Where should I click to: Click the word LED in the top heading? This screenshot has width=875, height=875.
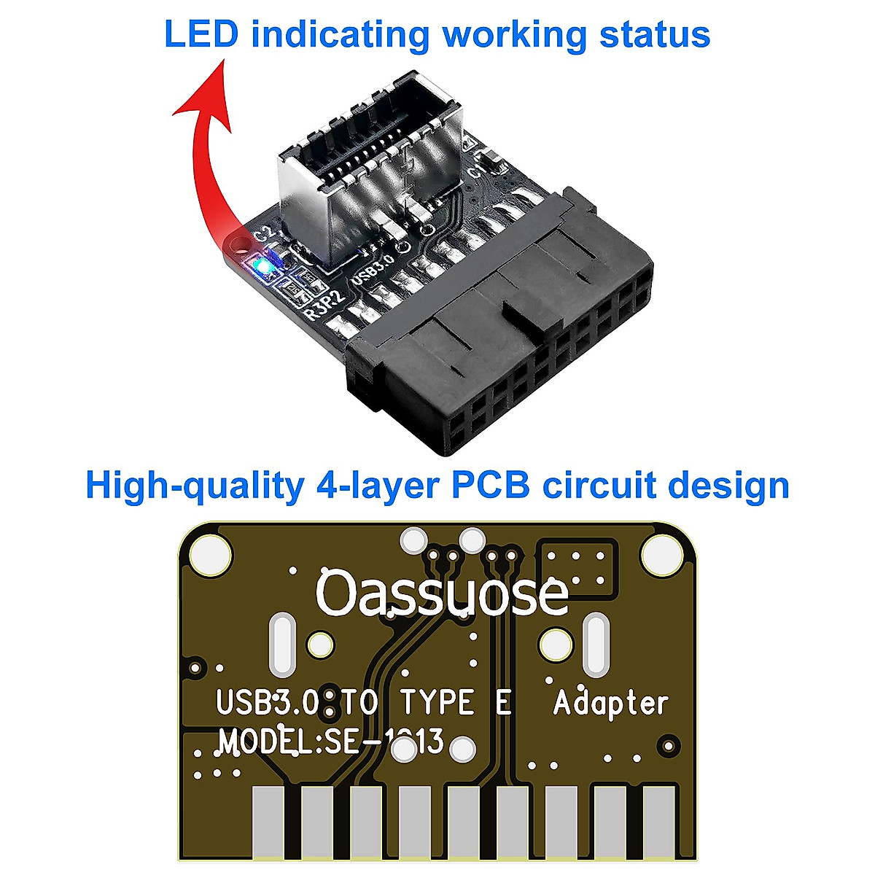coord(201,34)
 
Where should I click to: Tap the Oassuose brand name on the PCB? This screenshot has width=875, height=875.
coord(442,594)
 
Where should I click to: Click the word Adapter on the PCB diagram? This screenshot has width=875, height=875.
coord(610,704)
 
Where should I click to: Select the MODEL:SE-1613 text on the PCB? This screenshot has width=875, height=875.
coord(332,742)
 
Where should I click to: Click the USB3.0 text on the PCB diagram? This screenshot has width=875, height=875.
coord(267,704)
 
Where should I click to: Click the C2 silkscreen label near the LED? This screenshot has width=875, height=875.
coord(264,236)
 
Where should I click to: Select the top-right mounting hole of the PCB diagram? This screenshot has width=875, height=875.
coord(664,553)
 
